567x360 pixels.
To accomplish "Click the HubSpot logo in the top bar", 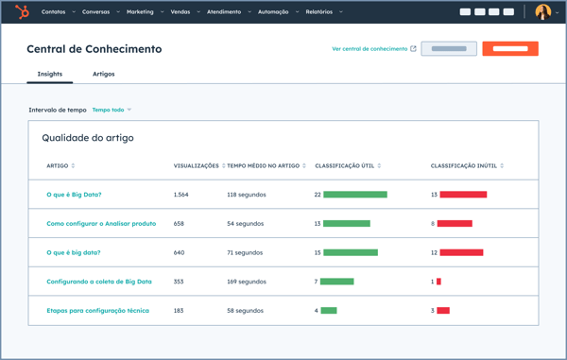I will (22, 11).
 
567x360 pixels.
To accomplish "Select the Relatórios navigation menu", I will (319, 12).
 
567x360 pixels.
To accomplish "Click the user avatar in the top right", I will (542, 11).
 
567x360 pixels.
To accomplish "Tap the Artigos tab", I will (103, 74).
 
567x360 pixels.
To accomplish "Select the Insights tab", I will (50, 74).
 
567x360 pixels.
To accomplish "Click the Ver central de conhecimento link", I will (369, 48).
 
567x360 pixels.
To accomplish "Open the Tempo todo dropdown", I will (112, 110).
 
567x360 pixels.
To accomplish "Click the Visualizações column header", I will (197, 165).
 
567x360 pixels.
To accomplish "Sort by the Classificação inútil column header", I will (466, 165).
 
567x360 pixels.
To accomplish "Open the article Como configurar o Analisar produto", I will (101, 224).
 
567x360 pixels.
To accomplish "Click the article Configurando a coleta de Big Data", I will (99, 282).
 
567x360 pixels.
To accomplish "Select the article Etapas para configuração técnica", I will (97, 310).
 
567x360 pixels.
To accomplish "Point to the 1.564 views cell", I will (181, 195).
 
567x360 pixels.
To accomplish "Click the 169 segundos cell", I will (247, 282).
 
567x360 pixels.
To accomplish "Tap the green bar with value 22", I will (355, 195).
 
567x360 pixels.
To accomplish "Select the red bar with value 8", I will (455, 224).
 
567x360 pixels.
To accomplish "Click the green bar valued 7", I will (337, 282).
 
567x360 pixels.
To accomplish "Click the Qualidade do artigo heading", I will (88, 138).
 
